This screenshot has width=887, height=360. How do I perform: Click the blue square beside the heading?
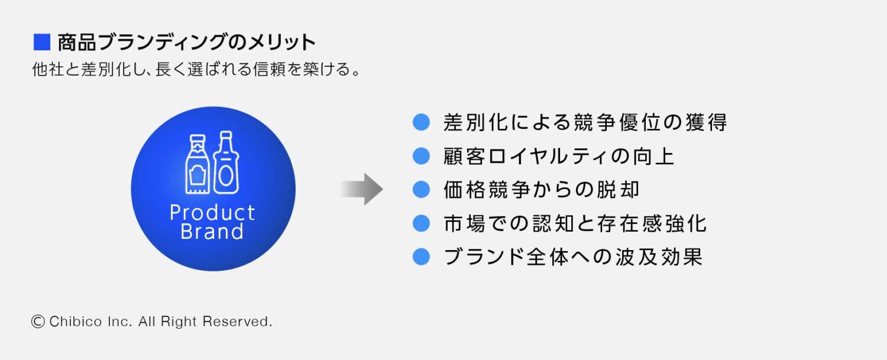41,43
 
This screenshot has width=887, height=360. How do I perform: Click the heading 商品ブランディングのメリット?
186,43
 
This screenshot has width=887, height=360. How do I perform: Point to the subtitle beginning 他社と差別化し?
196,70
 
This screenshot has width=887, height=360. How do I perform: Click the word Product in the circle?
212,212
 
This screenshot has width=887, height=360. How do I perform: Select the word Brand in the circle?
212,231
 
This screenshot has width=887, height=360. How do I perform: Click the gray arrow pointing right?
362,189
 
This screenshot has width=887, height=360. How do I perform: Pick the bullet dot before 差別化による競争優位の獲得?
420,122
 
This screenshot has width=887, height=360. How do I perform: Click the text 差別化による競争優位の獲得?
585,122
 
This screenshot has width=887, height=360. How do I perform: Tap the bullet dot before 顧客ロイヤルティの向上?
420,156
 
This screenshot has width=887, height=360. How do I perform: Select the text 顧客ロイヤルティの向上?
559,156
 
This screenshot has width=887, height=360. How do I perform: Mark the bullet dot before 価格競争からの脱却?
420,190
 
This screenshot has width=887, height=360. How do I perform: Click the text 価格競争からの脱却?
541,190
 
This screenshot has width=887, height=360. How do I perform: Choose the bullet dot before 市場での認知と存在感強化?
420,223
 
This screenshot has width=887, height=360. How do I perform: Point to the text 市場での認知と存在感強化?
575,223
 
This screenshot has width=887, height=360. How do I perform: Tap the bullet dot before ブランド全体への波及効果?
420,257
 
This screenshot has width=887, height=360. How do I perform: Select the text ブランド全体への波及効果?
572,257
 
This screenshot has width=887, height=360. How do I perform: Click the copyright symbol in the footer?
38,322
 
